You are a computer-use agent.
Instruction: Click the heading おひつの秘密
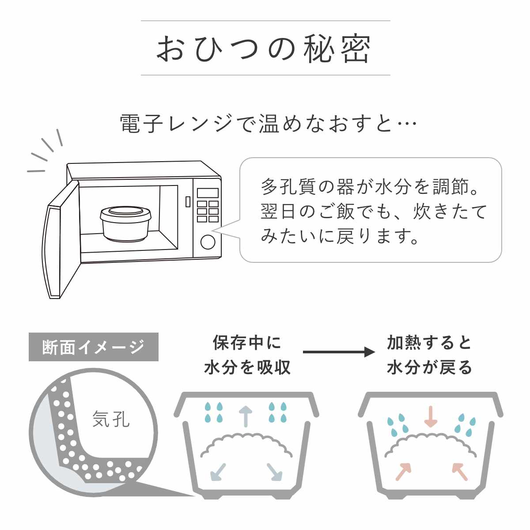click(x=264, y=49)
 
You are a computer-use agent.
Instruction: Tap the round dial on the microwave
click(x=208, y=242)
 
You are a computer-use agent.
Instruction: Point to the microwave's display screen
click(x=208, y=193)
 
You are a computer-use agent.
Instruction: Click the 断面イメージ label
click(x=93, y=347)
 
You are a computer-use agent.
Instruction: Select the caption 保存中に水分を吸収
click(x=247, y=355)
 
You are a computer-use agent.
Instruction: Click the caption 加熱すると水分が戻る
click(x=429, y=355)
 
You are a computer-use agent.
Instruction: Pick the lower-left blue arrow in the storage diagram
click(x=219, y=472)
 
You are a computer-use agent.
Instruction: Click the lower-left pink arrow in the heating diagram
click(x=403, y=471)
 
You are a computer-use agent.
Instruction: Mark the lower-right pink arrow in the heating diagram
click(x=460, y=471)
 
